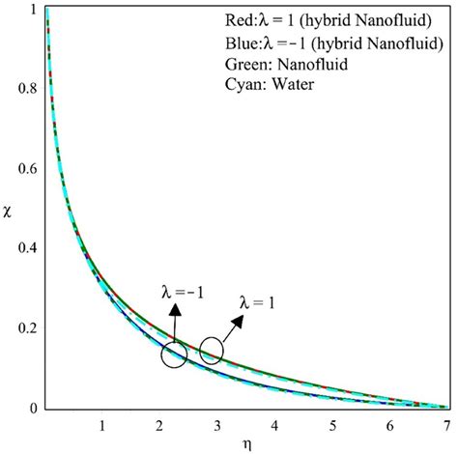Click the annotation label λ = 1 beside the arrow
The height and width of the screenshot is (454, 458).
[x=259, y=302]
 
